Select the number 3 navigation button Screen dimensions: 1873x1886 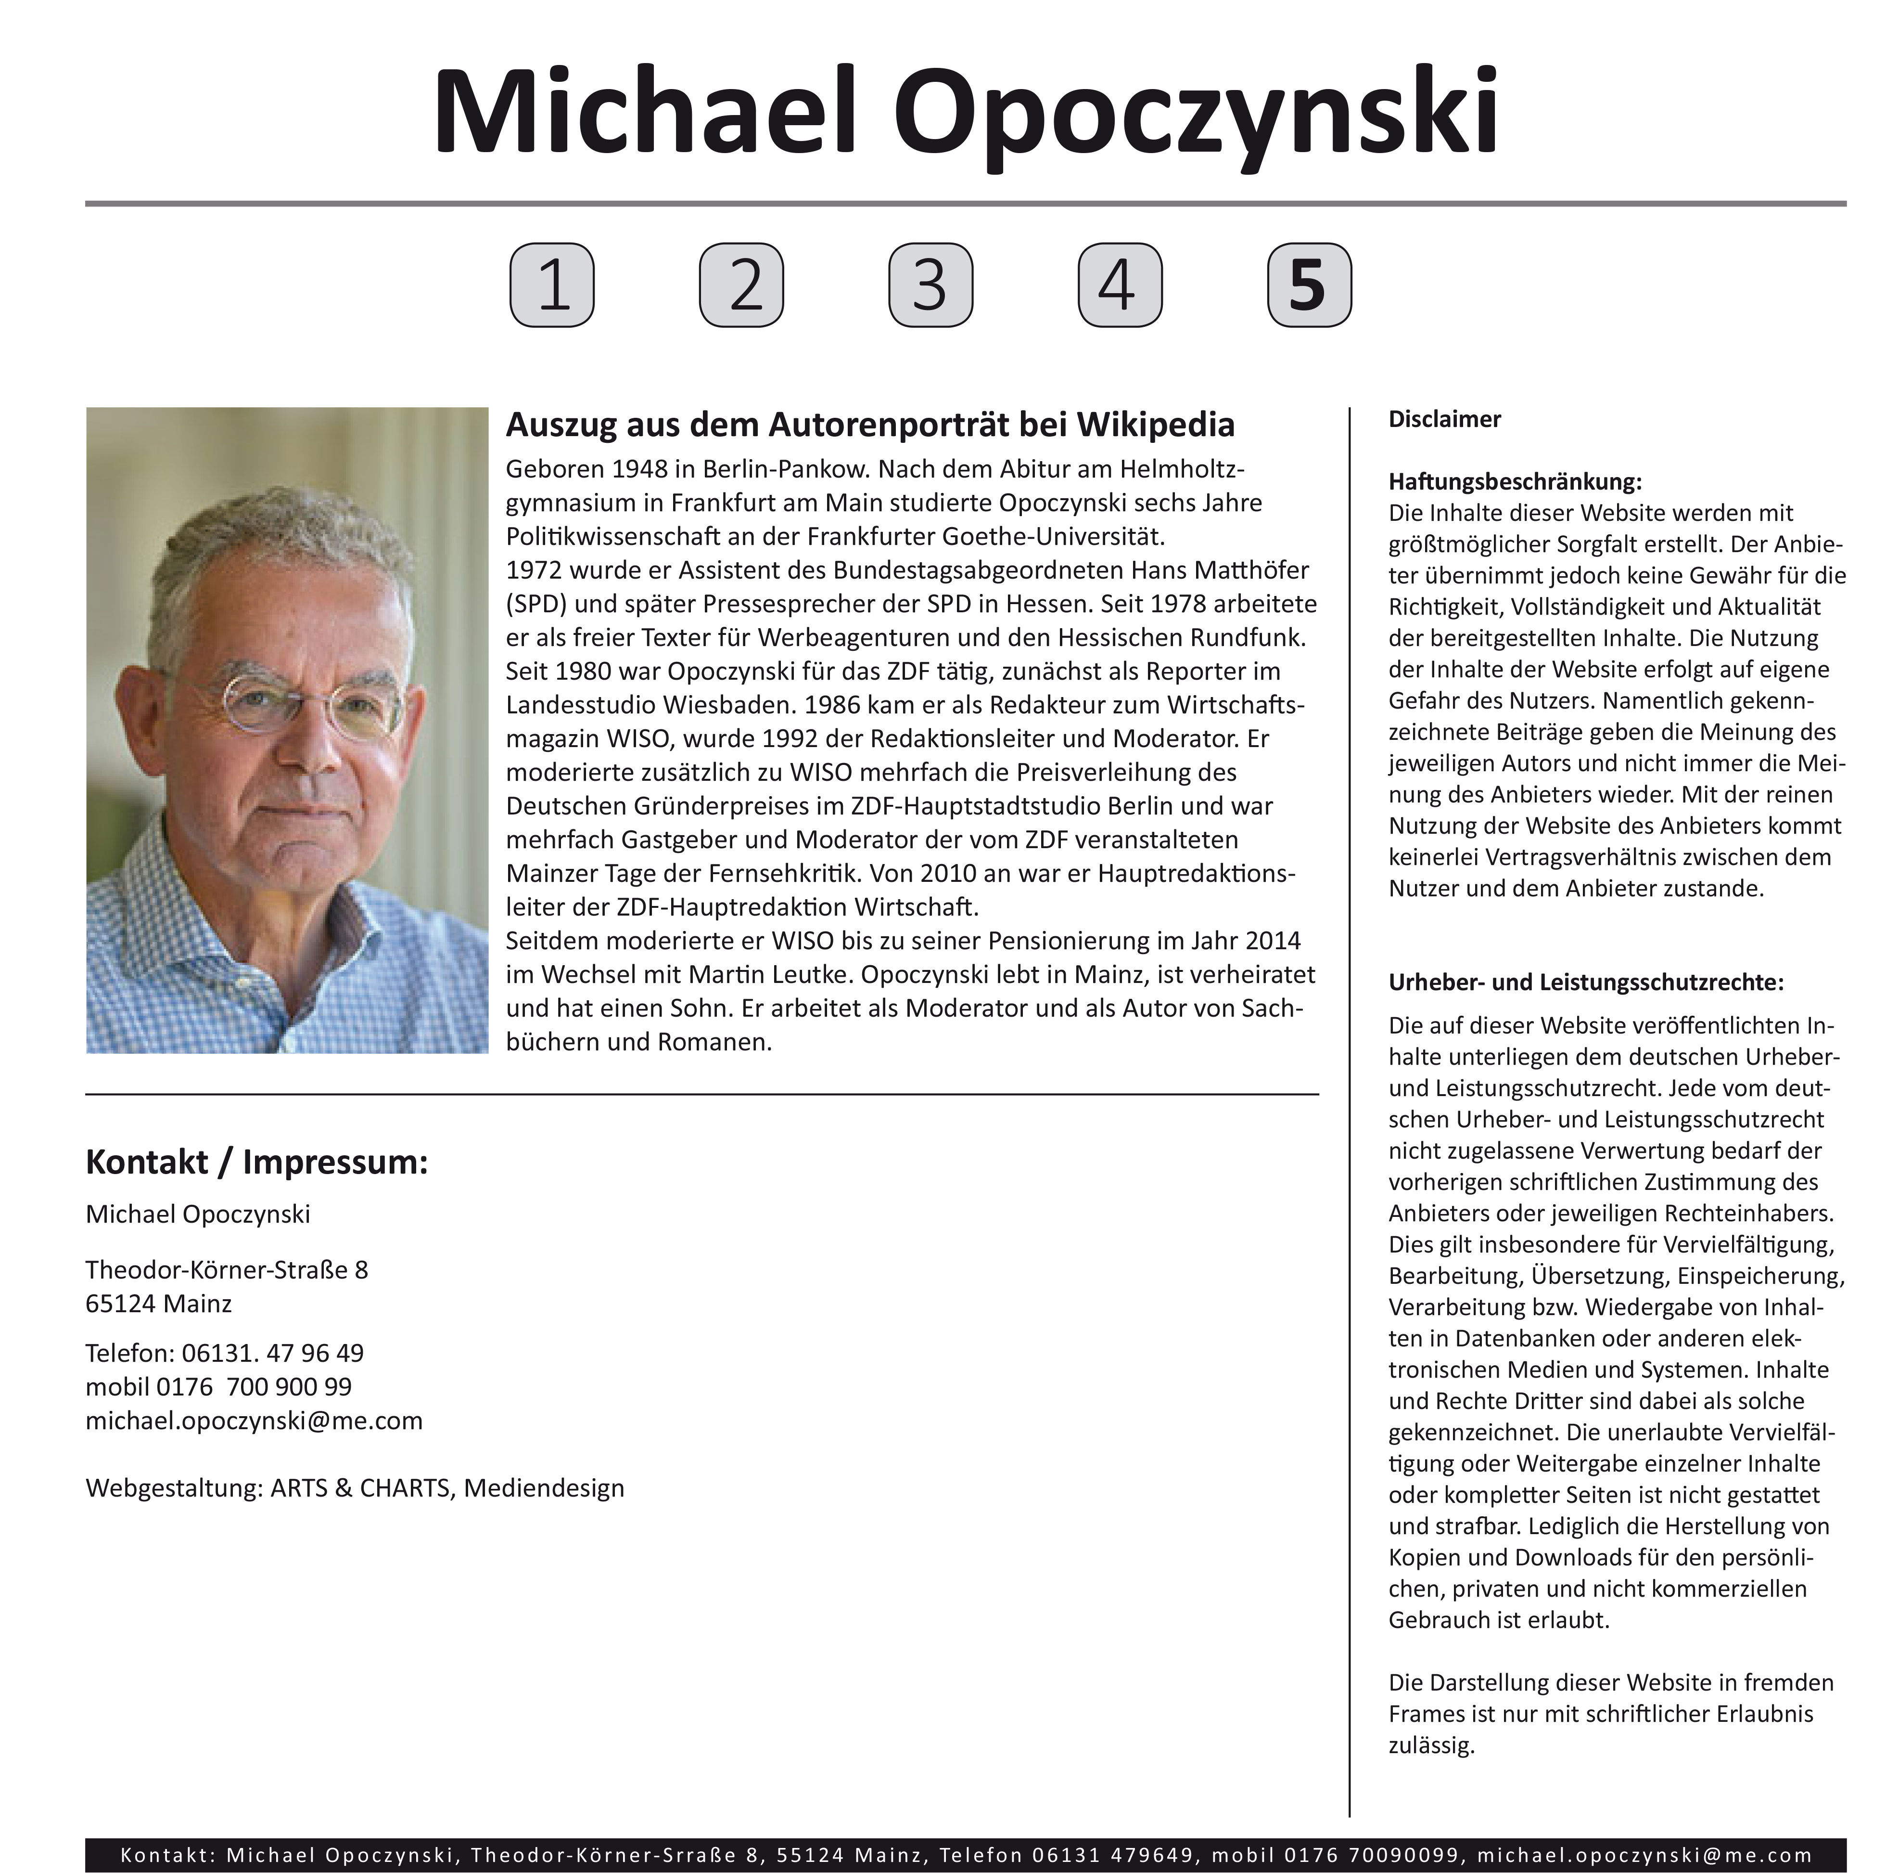click(x=930, y=285)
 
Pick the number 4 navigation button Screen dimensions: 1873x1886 click(x=1120, y=285)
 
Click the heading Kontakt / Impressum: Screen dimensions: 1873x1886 click(x=257, y=1162)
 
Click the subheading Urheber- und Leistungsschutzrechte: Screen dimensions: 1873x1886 click(x=1585, y=982)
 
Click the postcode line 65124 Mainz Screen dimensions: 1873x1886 click(x=158, y=1304)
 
